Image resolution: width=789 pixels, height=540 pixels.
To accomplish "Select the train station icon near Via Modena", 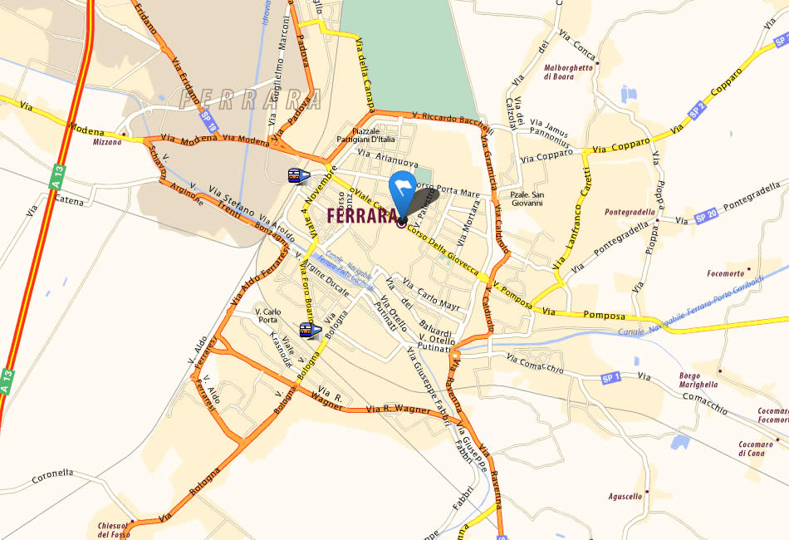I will pyautogui.click(x=296, y=176).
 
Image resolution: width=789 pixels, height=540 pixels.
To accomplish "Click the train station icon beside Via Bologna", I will pyautogui.click(x=307, y=331).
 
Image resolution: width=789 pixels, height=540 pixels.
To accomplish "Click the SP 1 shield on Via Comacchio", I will pyautogui.click(x=611, y=378).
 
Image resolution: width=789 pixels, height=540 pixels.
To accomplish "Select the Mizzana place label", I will pyautogui.click(x=107, y=141).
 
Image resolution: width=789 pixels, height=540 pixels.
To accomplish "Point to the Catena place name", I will pyautogui.click(x=70, y=199).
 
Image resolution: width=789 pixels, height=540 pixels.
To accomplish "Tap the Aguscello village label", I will pyautogui.click(x=625, y=496).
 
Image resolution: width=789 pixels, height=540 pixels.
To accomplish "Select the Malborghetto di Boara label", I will pyautogui.click(x=569, y=72).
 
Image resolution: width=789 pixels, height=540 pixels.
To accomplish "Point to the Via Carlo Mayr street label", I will pyautogui.click(x=431, y=299).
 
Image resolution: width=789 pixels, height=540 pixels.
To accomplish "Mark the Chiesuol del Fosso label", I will pyautogui.click(x=114, y=529).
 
